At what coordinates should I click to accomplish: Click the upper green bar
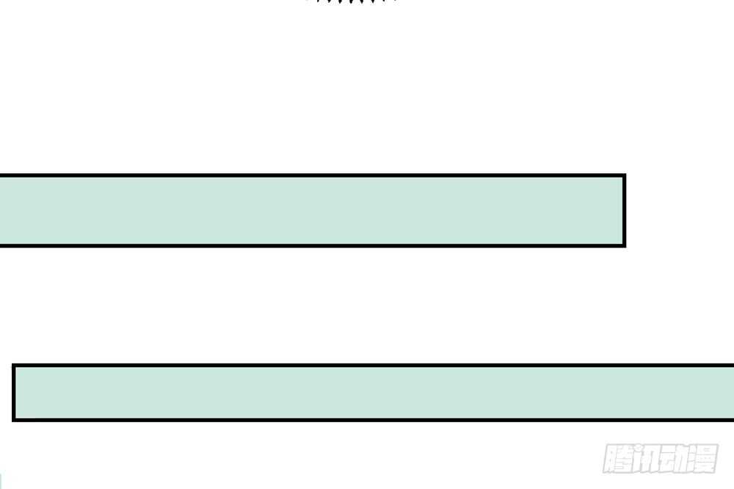[x=313, y=210]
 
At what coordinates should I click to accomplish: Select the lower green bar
[x=373, y=393]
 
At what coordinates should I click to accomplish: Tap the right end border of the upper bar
[x=625, y=210]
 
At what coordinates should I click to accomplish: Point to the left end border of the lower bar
[x=14, y=393]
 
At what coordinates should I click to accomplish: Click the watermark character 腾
[x=617, y=458]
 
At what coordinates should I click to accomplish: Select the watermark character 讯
[x=645, y=458]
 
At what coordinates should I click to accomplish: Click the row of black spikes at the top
[x=351, y=1]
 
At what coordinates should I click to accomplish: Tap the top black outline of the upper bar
[x=313, y=175]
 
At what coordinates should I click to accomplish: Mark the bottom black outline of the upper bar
[x=313, y=245]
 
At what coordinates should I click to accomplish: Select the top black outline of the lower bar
[x=373, y=365]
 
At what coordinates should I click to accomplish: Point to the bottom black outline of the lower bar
[x=373, y=420]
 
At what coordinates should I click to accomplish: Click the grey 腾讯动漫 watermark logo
[x=661, y=458]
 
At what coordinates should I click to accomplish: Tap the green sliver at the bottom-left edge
[x=1, y=481]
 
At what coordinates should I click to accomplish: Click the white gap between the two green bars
[x=327, y=305]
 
